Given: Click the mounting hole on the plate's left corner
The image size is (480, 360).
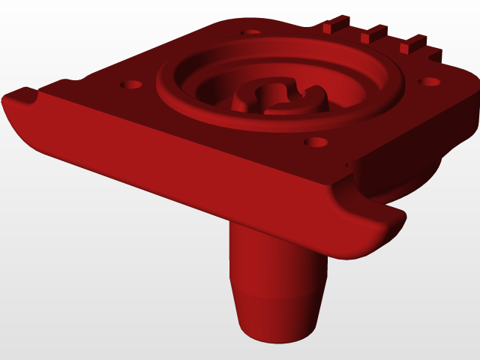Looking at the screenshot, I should pyautogui.click(x=131, y=84).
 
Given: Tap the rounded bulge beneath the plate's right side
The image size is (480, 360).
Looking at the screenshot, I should pyautogui.click(x=394, y=180).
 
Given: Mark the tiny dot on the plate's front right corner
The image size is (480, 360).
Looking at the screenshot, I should pyautogui.click(x=346, y=163).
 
